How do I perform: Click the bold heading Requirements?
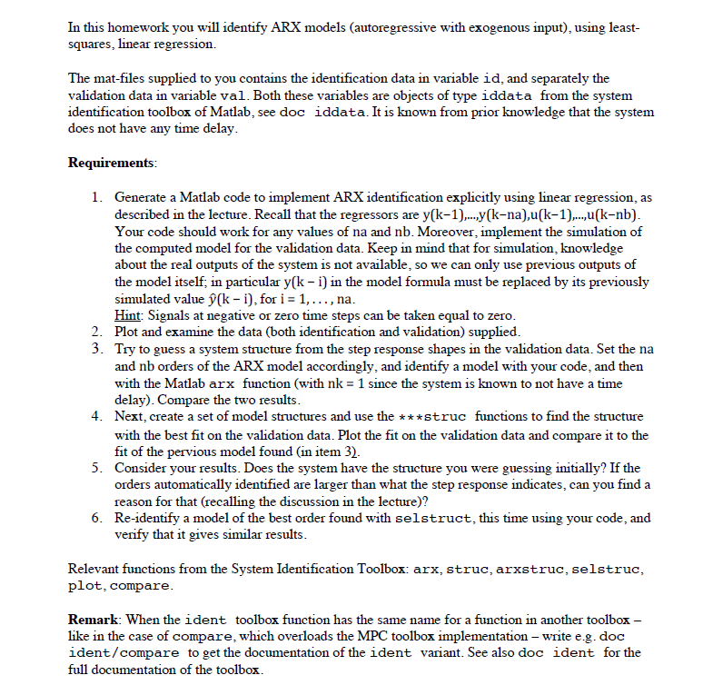pyautogui.click(x=112, y=163)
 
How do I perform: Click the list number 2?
pyautogui.click(x=98, y=332)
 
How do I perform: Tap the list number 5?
pyautogui.click(x=98, y=467)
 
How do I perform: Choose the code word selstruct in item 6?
pyautogui.click(x=431, y=519)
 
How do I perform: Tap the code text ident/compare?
pyautogui.click(x=118, y=653)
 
